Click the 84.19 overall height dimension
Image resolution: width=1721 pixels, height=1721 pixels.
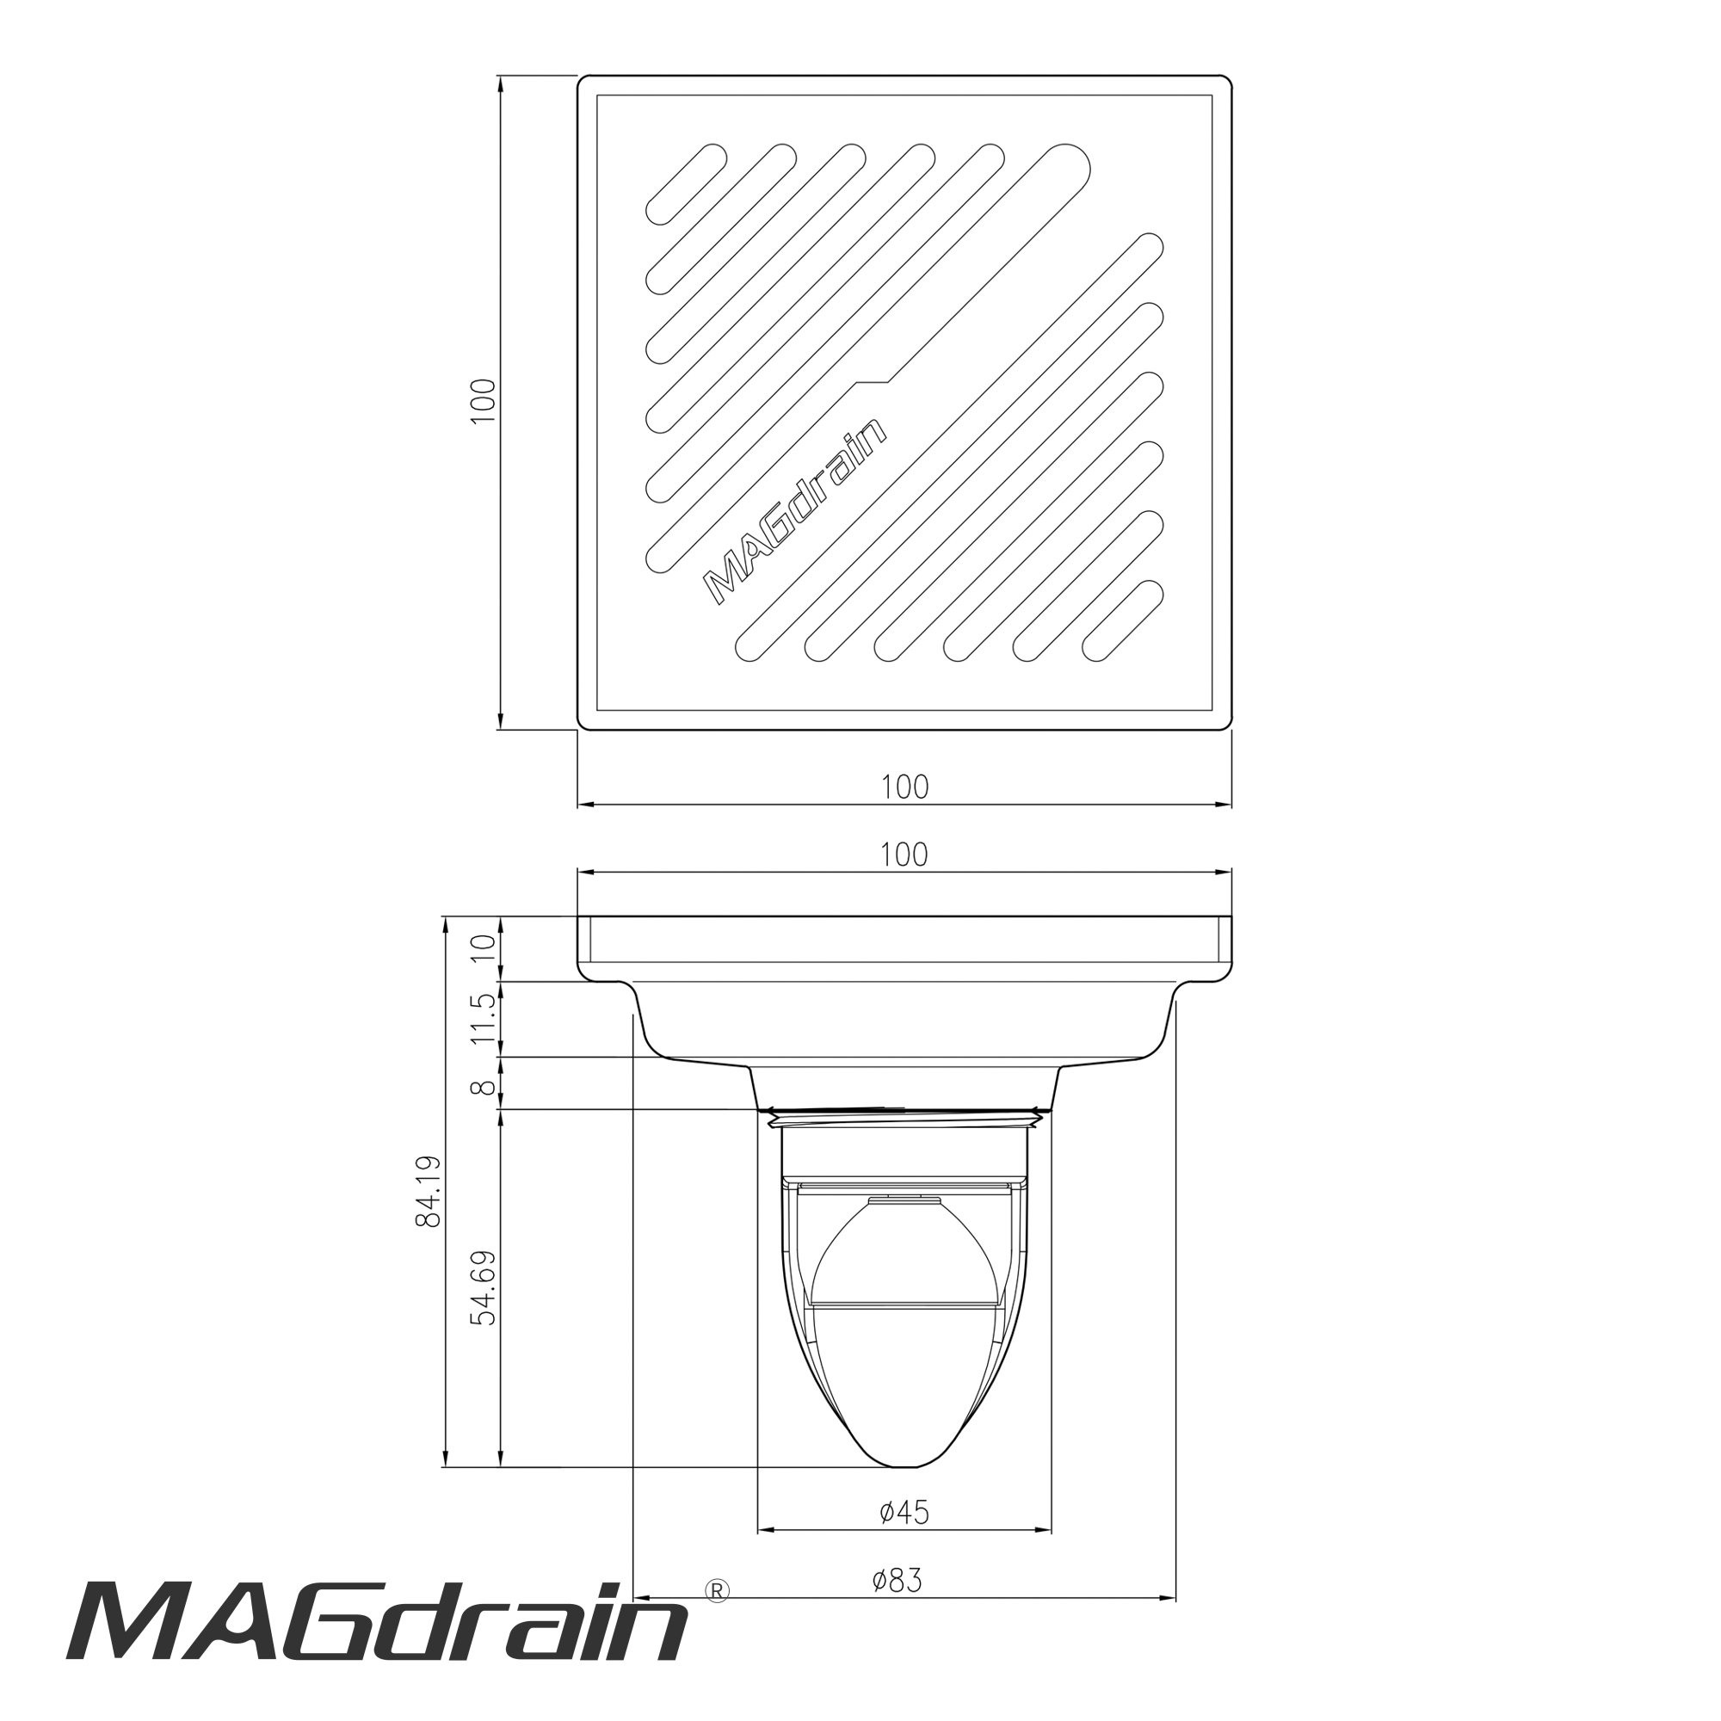(429, 1192)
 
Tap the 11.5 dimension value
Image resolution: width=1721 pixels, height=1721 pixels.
(484, 1019)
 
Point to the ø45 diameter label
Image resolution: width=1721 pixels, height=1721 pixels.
(904, 1512)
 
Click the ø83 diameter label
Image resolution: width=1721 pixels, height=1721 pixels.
(897, 1580)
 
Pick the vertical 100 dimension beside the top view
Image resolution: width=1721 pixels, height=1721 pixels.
(482, 402)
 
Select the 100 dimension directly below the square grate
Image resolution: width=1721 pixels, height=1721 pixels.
(904, 786)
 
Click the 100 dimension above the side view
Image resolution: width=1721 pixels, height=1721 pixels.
(904, 854)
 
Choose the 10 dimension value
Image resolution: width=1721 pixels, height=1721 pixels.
(484, 947)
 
